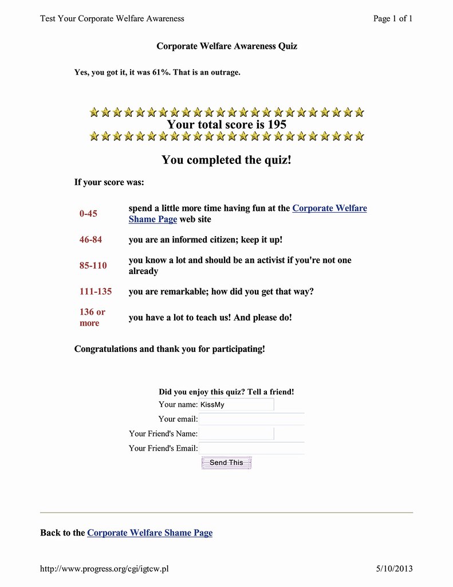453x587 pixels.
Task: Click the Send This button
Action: (226, 463)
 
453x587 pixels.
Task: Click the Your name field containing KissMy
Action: (236, 405)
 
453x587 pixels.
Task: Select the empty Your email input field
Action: (251, 419)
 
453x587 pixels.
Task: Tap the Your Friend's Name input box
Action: (236, 434)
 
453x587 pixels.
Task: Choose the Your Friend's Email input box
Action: (251, 448)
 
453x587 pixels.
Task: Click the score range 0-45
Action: (88, 214)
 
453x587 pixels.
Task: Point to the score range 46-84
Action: (90, 240)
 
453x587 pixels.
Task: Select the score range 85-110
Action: (93, 265)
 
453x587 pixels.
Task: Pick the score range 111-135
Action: (96, 291)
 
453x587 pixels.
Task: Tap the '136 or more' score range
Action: (92, 318)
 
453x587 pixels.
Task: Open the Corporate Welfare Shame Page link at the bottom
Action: (149, 533)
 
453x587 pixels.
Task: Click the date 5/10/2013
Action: (394, 569)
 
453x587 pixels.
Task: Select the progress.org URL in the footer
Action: (104, 569)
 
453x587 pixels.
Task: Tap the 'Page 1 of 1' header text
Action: (393, 18)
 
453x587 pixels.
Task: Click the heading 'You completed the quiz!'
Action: (226, 159)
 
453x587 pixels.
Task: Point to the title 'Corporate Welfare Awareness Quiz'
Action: (227, 46)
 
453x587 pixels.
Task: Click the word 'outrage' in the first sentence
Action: (224, 72)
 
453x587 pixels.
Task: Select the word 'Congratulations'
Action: (106, 349)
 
